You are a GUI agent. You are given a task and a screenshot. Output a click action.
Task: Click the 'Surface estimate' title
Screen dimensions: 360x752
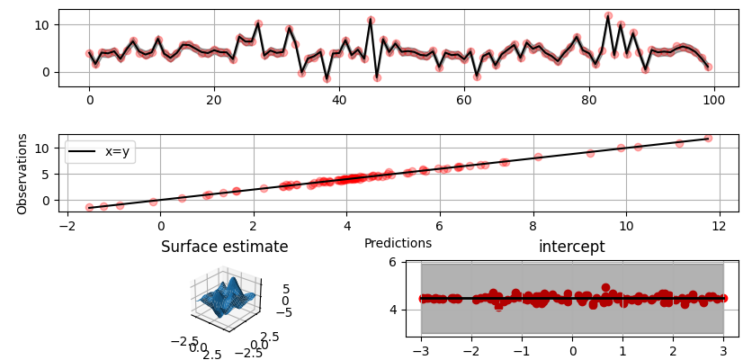pos(224,247)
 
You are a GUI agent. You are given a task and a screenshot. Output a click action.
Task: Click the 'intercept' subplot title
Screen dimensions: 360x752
pos(571,247)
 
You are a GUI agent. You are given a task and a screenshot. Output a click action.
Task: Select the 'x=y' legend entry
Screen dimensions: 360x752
pos(98,152)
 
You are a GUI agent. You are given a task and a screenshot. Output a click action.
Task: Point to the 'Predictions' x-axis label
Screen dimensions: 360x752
pos(398,243)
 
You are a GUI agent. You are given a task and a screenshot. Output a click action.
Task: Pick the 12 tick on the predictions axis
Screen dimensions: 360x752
pos(718,229)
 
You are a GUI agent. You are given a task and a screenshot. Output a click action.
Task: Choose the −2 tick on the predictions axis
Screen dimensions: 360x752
pos(66,229)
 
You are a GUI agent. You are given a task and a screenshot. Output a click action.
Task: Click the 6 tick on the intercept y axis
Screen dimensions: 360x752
pos(392,262)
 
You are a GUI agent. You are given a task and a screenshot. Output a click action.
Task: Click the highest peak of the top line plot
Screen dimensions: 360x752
pos(608,16)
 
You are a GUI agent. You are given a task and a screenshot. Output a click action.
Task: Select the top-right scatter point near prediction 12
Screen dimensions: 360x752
pos(708,138)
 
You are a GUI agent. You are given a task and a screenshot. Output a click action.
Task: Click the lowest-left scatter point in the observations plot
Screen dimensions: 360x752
pos(89,208)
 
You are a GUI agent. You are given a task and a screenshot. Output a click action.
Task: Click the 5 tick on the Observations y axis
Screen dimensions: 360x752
pos(47,174)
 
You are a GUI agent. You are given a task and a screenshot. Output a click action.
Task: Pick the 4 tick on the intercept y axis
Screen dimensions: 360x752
pos(392,310)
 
